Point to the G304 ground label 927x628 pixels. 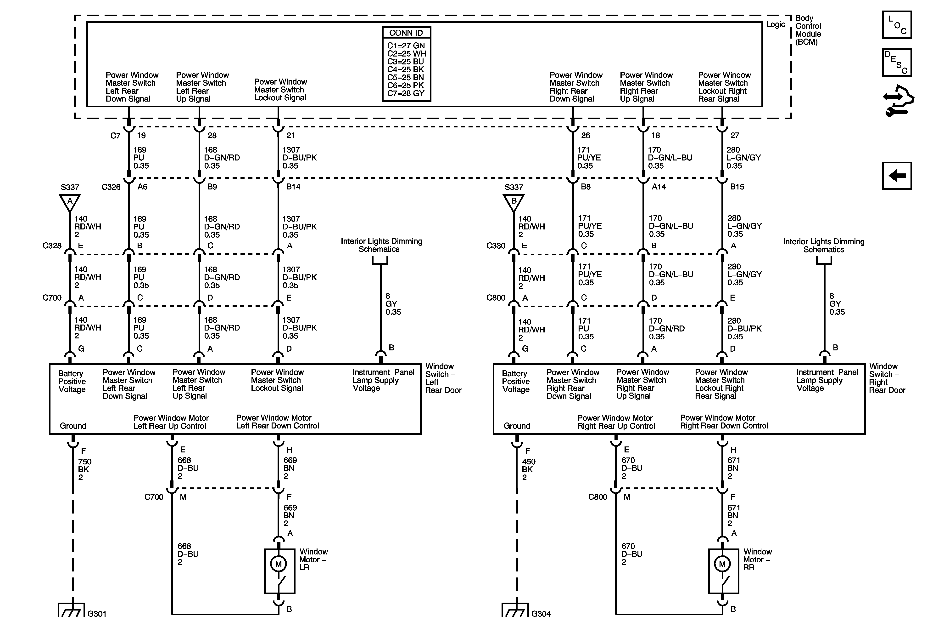[541, 614]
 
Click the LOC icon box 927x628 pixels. [897, 25]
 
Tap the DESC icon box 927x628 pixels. [897, 62]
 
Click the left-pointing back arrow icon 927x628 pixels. [897, 176]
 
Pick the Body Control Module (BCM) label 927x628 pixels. [808, 30]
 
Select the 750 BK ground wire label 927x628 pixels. [84, 469]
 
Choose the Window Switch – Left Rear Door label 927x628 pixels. [443, 378]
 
